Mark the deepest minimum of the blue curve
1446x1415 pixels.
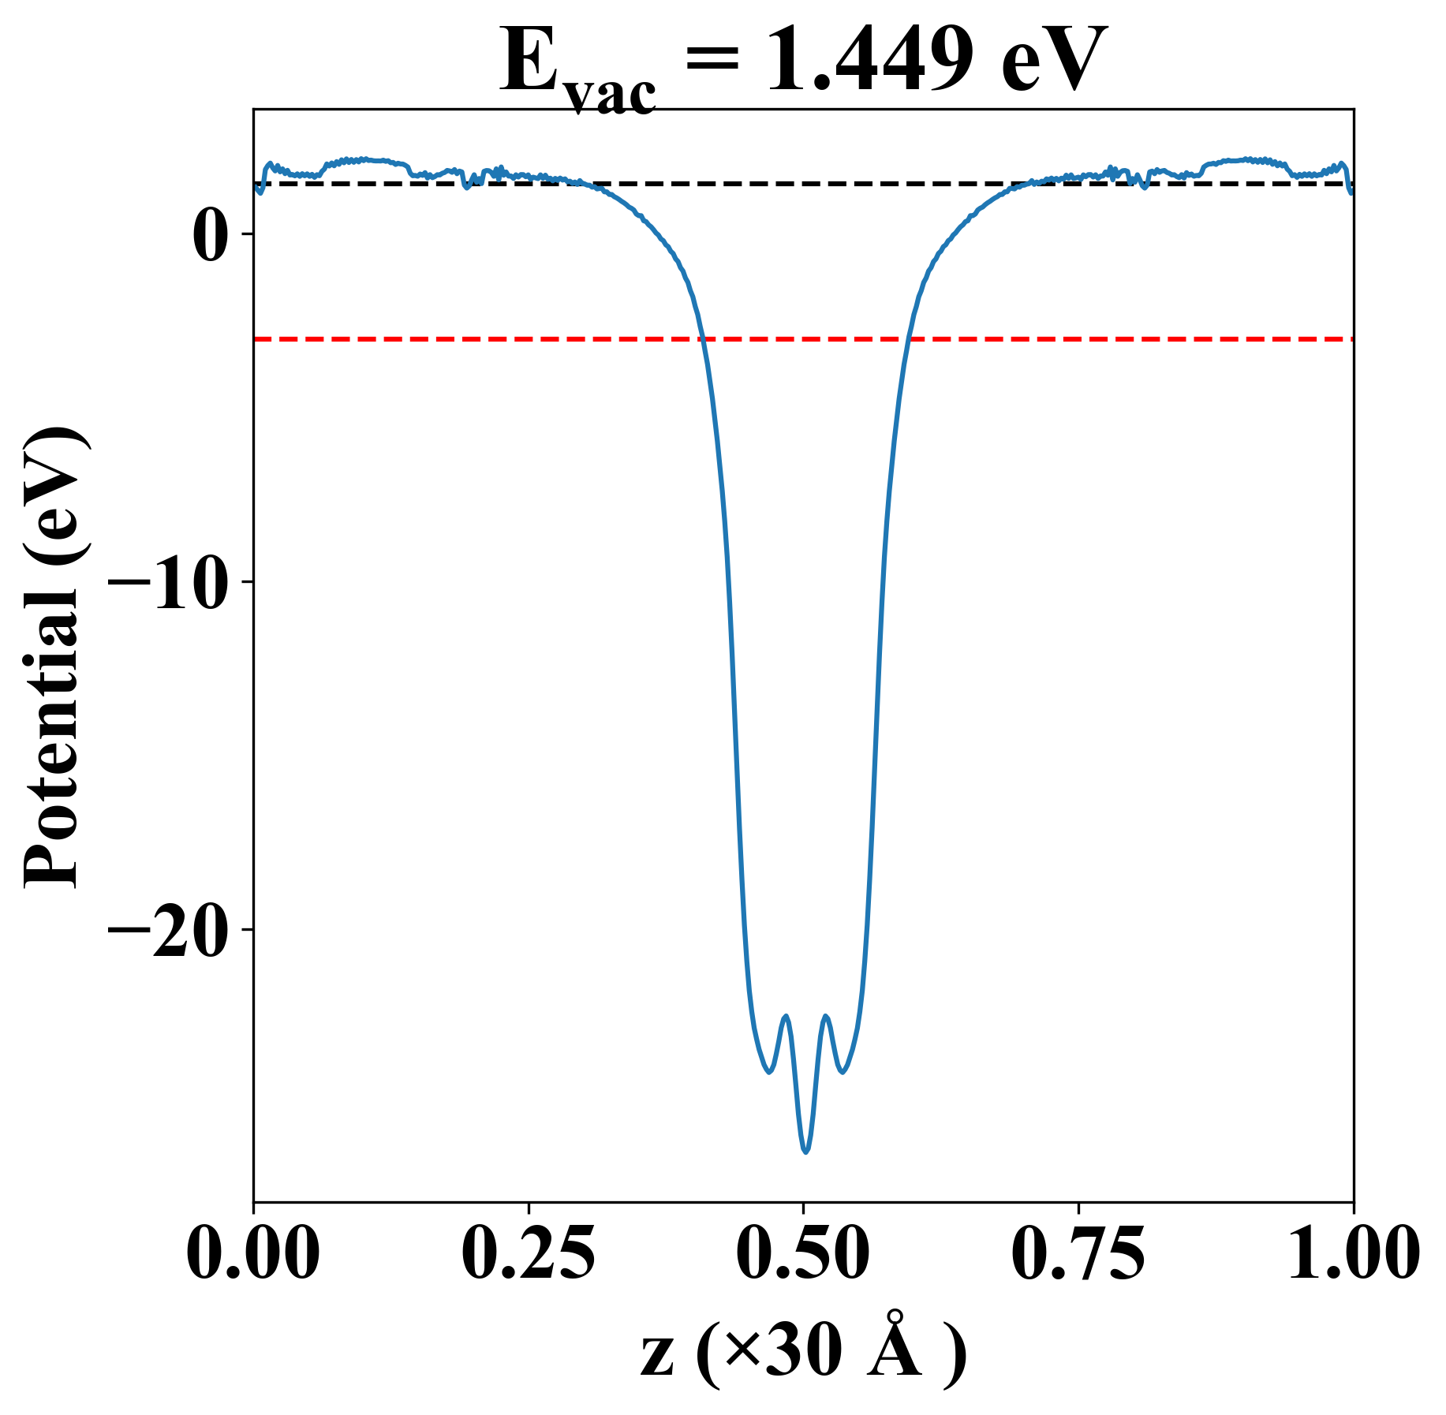[x=805, y=1152]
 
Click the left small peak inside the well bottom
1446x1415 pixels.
[x=785, y=1016]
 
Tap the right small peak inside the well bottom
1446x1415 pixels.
[x=826, y=1016]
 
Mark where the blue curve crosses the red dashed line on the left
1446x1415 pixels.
[x=701, y=339]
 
